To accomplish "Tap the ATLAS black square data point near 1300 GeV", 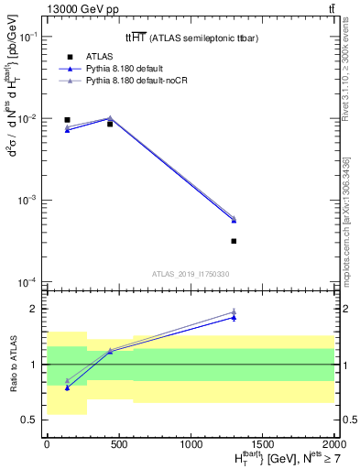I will [234, 241].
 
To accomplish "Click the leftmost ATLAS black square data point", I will [67, 119].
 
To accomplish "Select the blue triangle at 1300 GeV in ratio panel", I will [234, 317].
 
